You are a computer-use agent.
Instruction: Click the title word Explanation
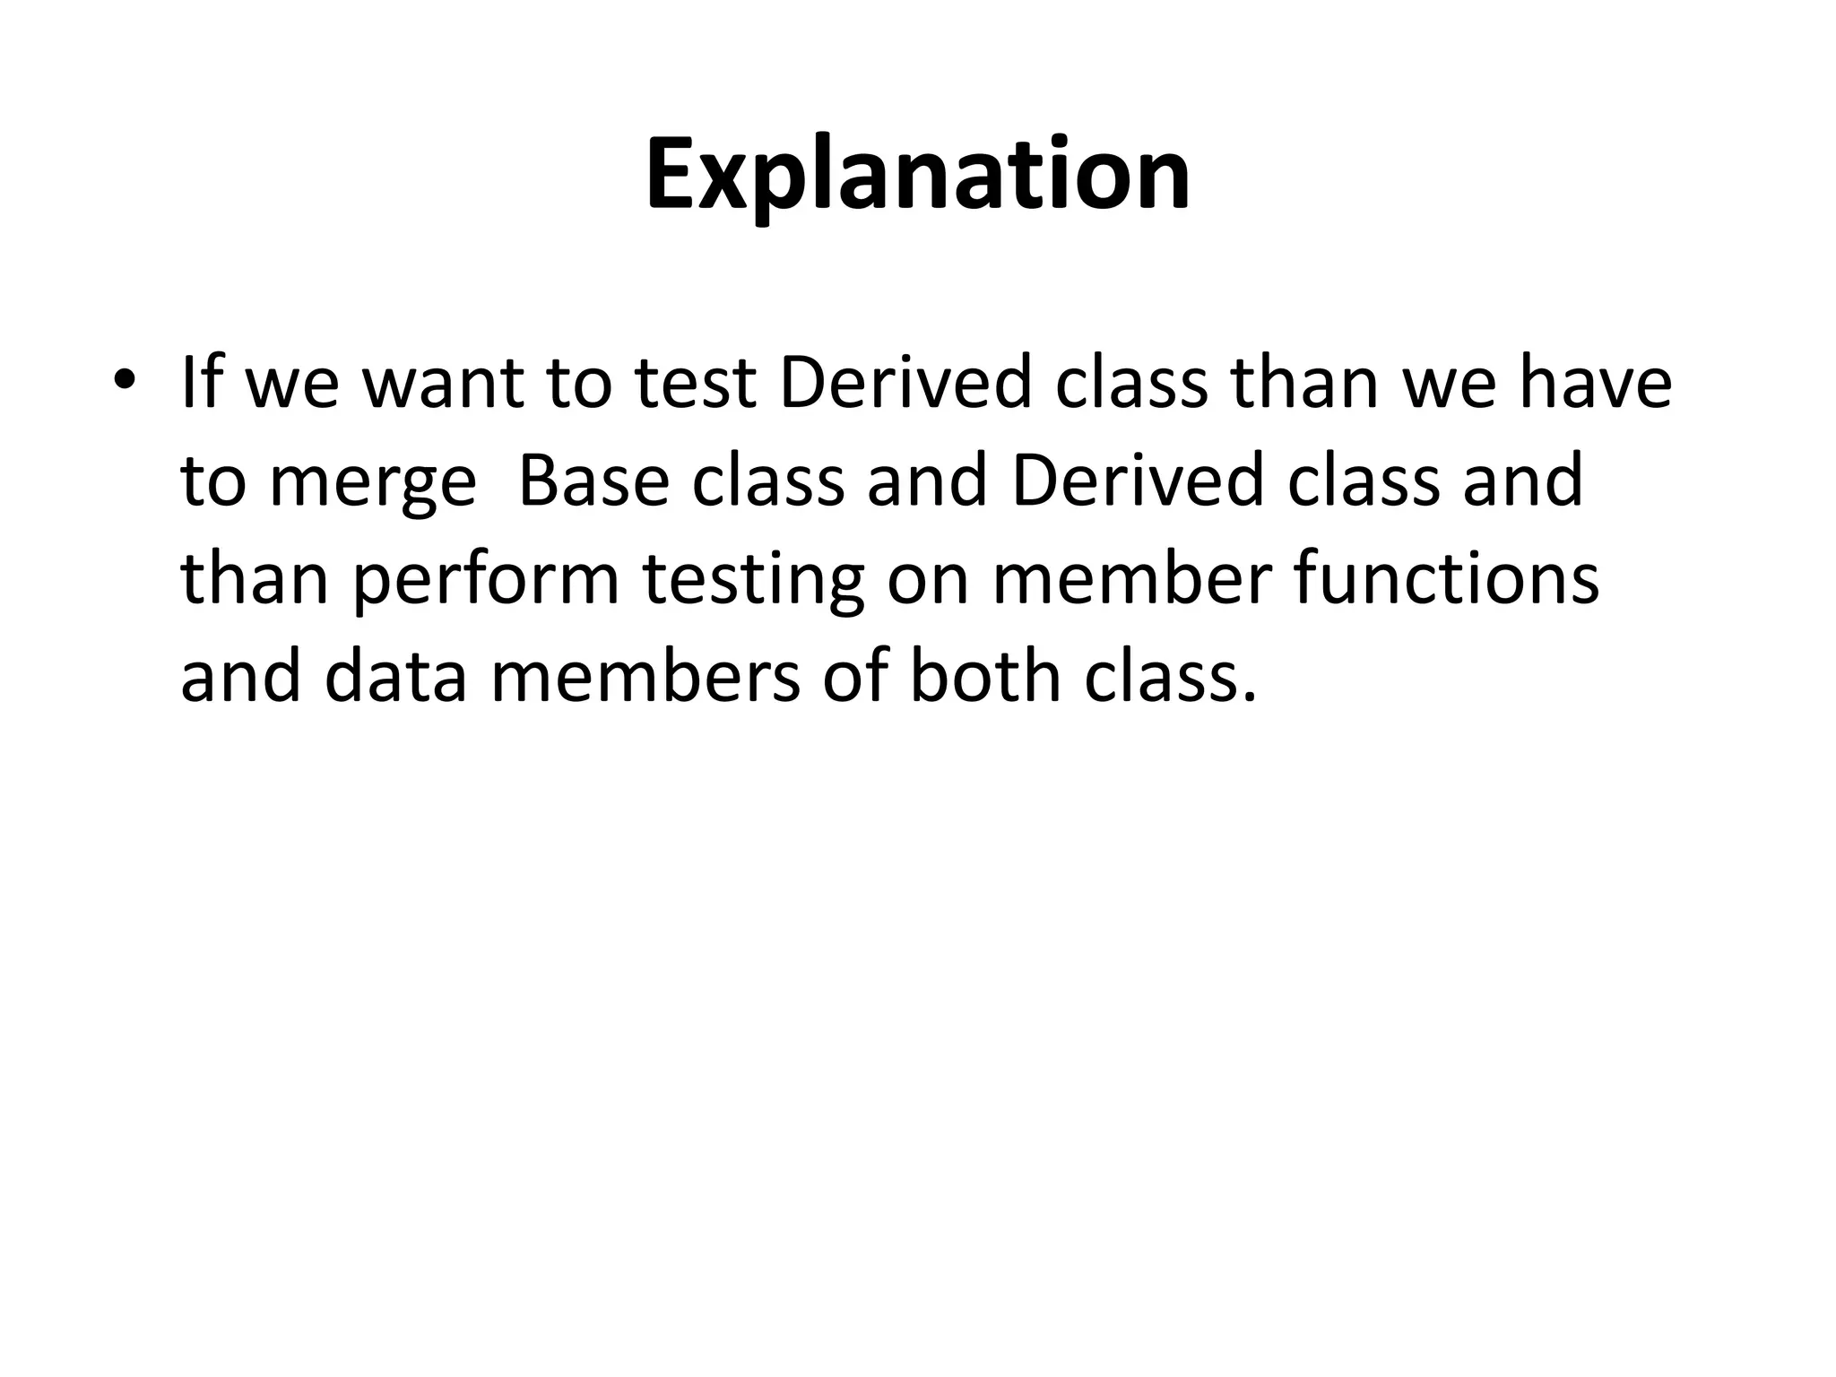pos(918,175)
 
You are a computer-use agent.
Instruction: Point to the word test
pos(692,383)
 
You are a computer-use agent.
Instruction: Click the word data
pos(395,676)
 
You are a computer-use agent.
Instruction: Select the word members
pos(645,676)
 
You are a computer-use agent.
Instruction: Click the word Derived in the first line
pos(906,383)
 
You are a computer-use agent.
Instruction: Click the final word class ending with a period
pos(1165,676)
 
